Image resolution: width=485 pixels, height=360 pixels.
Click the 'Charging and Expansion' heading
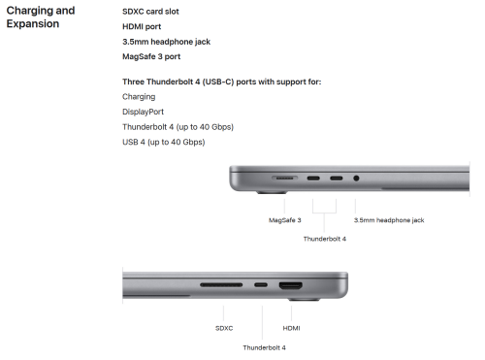tap(41, 16)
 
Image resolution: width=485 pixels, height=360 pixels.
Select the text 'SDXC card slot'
tap(150, 12)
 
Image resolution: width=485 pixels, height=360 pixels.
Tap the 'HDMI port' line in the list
tap(142, 26)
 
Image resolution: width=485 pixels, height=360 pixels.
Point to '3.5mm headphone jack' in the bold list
tap(166, 42)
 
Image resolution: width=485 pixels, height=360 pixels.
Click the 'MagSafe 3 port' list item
tap(151, 56)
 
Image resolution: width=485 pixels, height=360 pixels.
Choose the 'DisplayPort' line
tap(143, 112)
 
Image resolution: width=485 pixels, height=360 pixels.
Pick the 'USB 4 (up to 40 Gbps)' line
tap(164, 142)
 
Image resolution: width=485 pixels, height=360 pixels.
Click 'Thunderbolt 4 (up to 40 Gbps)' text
tap(178, 127)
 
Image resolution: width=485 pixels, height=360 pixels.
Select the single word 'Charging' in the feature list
tap(139, 97)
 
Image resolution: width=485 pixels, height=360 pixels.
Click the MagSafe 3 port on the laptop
tap(284, 179)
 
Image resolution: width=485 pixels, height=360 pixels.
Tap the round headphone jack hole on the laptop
tap(356, 179)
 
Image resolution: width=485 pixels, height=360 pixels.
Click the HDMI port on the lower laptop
tap(291, 285)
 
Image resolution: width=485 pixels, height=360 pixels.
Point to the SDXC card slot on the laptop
tap(221, 285)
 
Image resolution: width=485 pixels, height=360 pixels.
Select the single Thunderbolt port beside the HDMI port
tap(261, 285)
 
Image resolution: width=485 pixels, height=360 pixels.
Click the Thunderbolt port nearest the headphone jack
tap(337, 179)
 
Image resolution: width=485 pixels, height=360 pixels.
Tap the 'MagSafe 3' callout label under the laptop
tap(285, 220)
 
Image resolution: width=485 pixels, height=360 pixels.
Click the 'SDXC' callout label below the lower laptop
tap(224, 328)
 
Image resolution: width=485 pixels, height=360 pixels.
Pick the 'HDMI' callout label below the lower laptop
tap(291, 328)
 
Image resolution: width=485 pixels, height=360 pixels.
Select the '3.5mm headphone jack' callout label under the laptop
tap(389, 220)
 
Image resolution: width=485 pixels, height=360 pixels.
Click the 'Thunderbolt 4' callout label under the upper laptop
tap(325, 239)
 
